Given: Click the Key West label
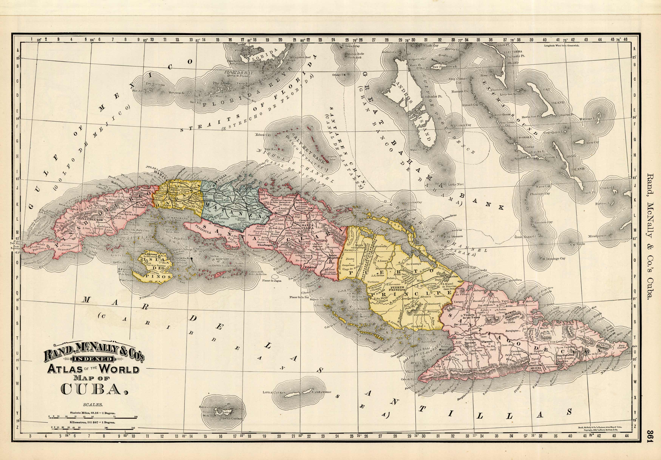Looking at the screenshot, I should tap(216, 96).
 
